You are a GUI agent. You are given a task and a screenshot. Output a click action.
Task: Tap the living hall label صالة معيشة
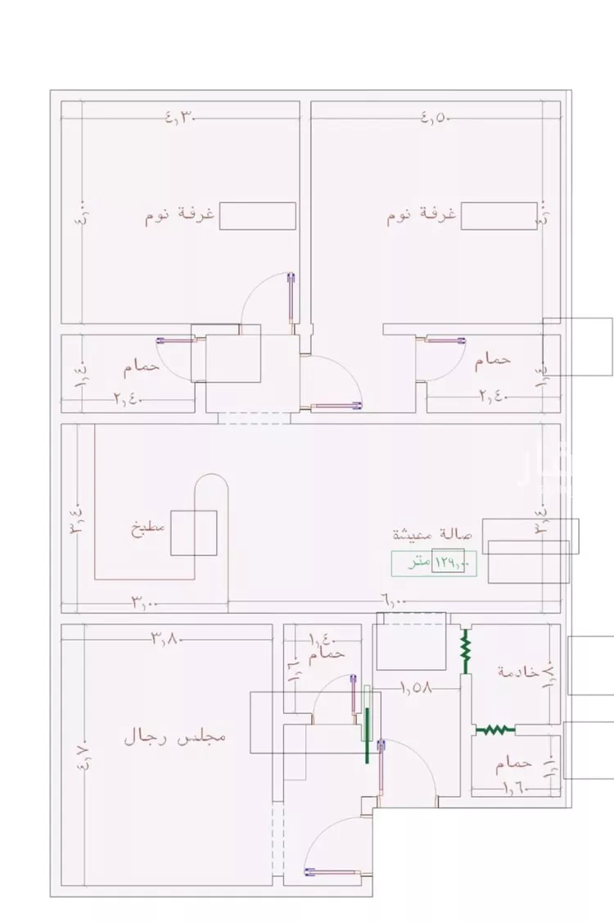tap(433, 536)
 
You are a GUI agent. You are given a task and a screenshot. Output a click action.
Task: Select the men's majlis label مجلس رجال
tap(174, 736)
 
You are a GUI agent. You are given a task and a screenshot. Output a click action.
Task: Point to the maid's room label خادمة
tap(519, 671)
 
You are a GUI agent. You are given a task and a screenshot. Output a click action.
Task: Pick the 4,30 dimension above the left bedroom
tap(183, 117)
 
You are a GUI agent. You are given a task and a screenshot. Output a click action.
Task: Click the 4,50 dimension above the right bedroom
tap(436, 117)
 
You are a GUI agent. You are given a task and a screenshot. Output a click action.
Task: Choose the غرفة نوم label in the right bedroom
tap(422, 216)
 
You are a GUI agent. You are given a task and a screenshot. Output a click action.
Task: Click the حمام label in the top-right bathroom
tap(492, 359)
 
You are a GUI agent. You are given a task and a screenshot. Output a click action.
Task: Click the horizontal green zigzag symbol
tap(494, 729)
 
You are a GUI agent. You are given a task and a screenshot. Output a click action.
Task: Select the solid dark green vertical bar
tap(367, 735)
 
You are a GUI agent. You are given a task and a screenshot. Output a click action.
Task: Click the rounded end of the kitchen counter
tap(212, 488)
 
